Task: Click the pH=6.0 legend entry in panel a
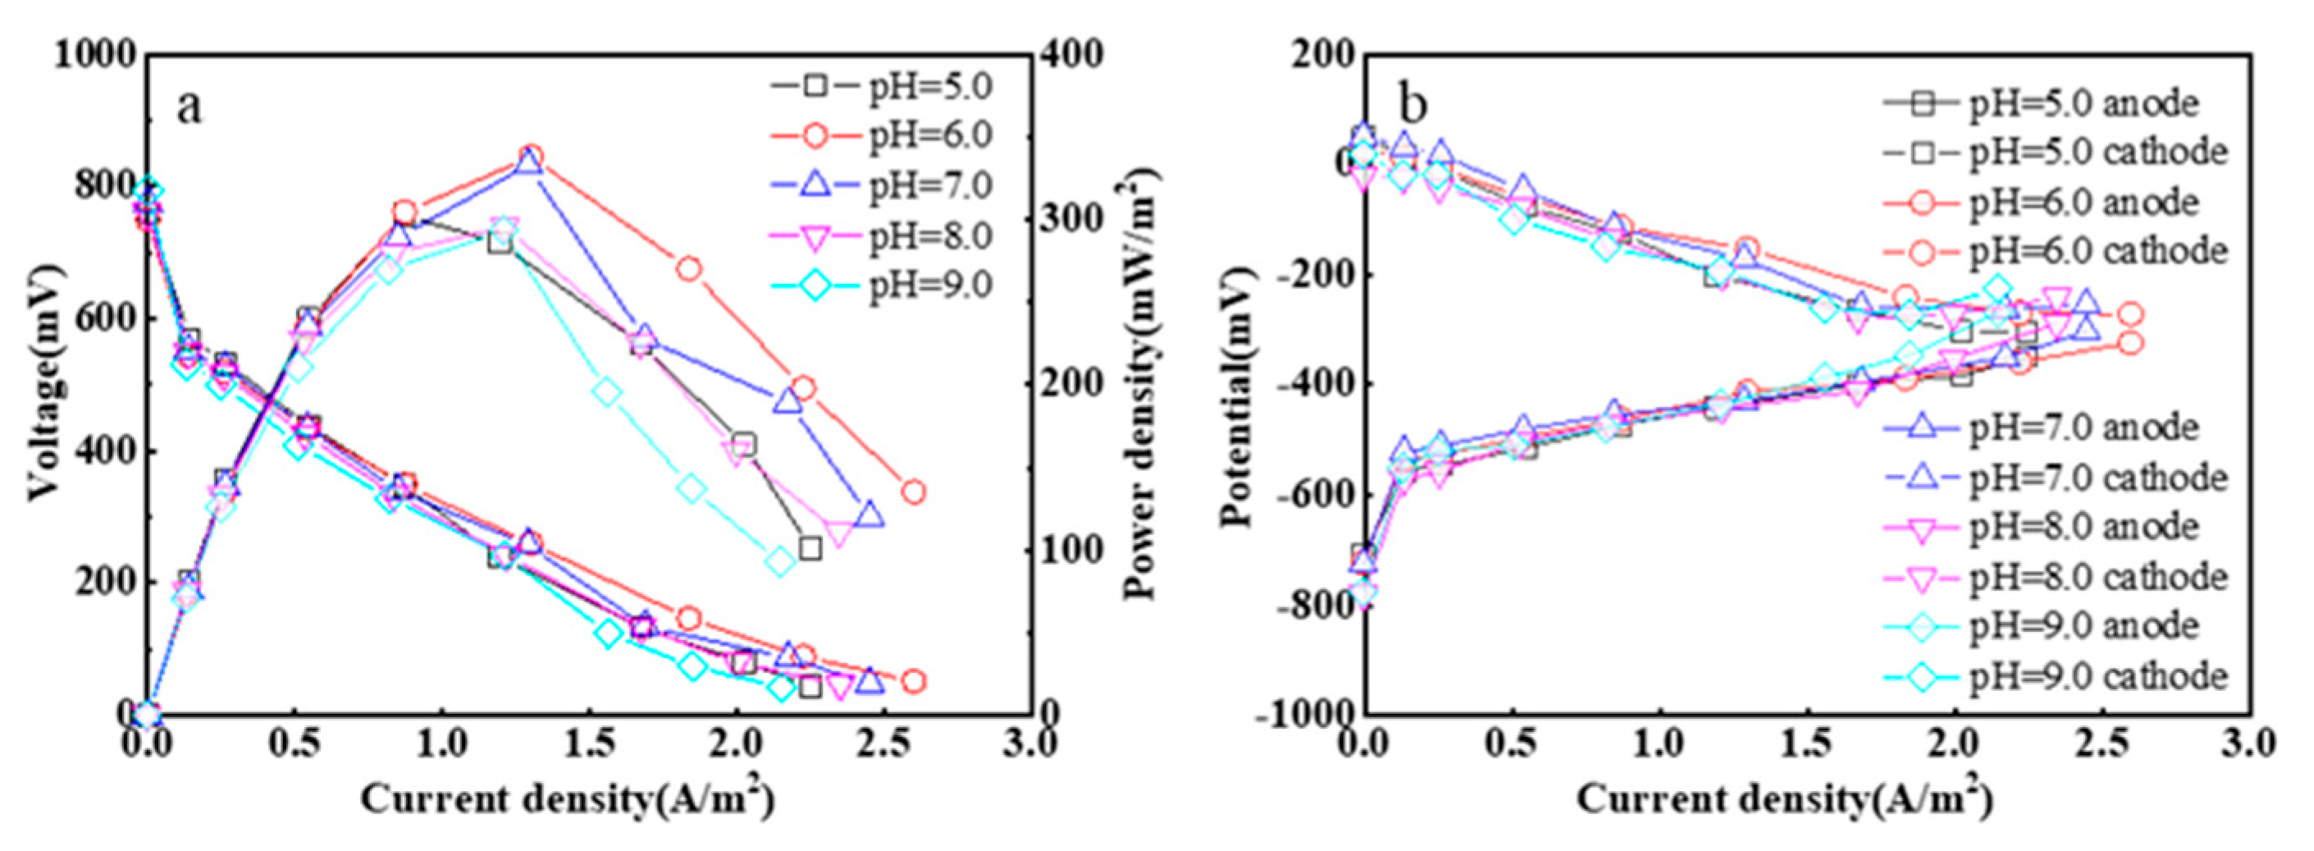tap(929, 135)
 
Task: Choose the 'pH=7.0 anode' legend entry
tap(2084, 427)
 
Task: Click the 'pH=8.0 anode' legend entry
tap(2084, 527)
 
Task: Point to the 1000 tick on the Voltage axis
tap(95, 56)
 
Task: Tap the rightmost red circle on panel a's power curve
tap(914, 492)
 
